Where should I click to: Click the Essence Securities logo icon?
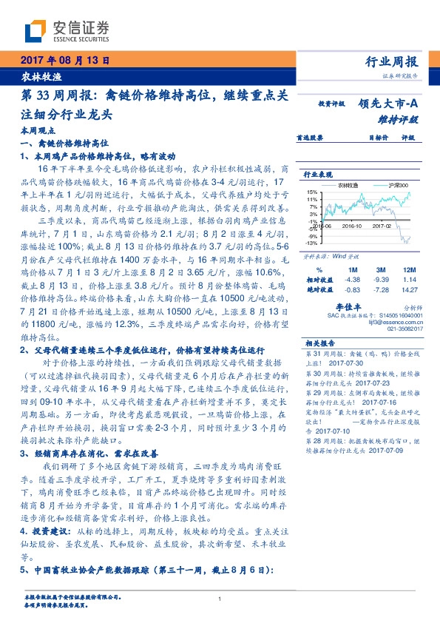pos(35,30)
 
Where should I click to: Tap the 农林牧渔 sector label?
pos(35,76)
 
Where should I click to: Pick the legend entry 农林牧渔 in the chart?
pos(345,185)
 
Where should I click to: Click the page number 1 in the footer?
pos(220,599)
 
